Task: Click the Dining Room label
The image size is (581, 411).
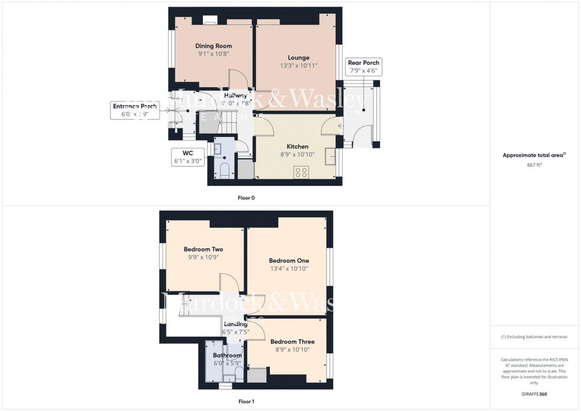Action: [x=213, y=46]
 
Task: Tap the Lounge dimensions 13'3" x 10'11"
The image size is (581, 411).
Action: [x=299, y=65]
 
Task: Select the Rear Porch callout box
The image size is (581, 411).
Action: [x=363, y=66]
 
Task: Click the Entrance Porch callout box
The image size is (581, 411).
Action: [x=135, y=110]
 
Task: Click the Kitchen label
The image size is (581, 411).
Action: [x=298, y=146]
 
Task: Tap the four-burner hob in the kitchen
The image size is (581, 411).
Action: [x=301, y=173]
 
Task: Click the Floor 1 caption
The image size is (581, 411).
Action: [x=246, y=402]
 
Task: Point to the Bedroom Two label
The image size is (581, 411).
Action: [x=203, y=250]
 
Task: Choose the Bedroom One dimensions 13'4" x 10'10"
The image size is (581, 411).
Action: [x=289, y=269]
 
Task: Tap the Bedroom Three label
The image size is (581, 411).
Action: [x=292, y=342]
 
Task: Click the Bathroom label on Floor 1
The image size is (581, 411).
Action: [x=228, y=355]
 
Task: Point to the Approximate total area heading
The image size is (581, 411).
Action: [x=534, y=155]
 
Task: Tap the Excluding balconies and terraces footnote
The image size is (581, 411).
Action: [x=534, y=337]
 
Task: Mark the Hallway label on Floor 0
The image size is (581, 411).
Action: [x=235, y=95]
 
